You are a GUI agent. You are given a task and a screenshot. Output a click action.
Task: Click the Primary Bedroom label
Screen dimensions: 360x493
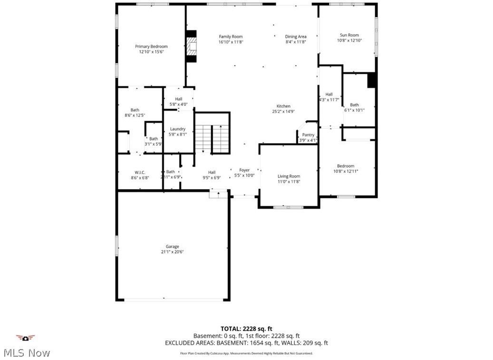[x=151, y=47]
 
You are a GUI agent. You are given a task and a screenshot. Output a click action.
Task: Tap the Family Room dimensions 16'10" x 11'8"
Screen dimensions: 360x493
[x=231, y=42]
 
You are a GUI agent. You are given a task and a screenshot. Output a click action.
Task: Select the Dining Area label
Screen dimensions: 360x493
[x=296, y=37]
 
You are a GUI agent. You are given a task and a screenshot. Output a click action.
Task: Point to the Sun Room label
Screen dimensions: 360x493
[x=349, y=35]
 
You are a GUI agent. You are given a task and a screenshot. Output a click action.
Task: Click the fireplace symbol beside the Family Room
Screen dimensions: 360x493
[x=191, y=47]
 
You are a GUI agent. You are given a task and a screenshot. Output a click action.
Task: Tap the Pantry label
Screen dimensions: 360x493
[x=308, y=135]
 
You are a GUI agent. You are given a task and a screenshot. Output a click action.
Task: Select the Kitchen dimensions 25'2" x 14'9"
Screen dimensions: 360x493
[x=283, y=112]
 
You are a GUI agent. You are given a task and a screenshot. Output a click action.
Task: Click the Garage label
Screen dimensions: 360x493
[x=172, y=246]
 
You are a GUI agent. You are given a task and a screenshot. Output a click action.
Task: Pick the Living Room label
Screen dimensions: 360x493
[x=289, y=176]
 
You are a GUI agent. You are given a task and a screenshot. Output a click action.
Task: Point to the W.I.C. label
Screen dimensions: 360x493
[x=140, y=172]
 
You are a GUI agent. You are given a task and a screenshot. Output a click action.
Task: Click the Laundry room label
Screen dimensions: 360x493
[x=178, y=129]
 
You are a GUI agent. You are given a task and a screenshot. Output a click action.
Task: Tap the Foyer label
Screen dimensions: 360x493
[x=244, y=170]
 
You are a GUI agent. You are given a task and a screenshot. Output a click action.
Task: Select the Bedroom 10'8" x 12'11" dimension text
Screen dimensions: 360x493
[x=345, y=171]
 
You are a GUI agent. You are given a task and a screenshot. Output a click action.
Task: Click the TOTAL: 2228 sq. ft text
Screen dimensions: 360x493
[x=246, y=329]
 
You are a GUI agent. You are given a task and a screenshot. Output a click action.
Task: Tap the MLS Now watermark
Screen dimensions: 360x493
[x=27, y=353]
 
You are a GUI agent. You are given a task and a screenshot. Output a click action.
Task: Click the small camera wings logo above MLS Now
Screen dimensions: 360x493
[x=26, y=338]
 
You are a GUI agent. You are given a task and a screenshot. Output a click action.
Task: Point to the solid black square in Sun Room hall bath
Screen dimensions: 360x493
[x=372, y=80]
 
